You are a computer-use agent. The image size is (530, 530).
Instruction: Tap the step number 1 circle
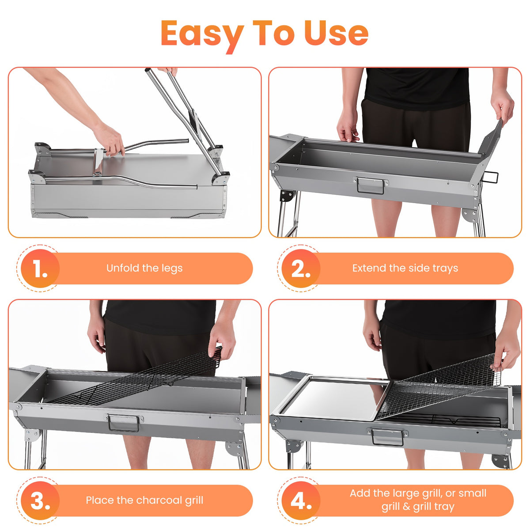[x=40, y=268]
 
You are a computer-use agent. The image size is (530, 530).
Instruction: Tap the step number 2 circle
[x=301, y=268]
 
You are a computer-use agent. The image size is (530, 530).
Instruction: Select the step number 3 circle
[x=40, y=500]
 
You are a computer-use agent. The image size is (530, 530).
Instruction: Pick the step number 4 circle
[x=301, y=500]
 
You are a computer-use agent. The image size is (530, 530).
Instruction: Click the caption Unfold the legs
[x=144, y=268]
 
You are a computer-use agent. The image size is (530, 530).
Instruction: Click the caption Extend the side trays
[x=405, y=268]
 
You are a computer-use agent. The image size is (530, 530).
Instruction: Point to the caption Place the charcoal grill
[x=144, y=500]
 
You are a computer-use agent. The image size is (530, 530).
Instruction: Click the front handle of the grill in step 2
[x=371, y=185]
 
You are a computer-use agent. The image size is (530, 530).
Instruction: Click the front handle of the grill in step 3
[x=124, y=423]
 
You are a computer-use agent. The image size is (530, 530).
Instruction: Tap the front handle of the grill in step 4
[x=387, y=437]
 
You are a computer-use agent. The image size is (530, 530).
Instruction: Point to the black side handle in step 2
[x=490, y=178]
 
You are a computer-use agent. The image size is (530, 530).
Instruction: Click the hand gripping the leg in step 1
[x=109, y=140]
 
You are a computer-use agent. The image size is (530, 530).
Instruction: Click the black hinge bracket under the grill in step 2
[x=286, y=196]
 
